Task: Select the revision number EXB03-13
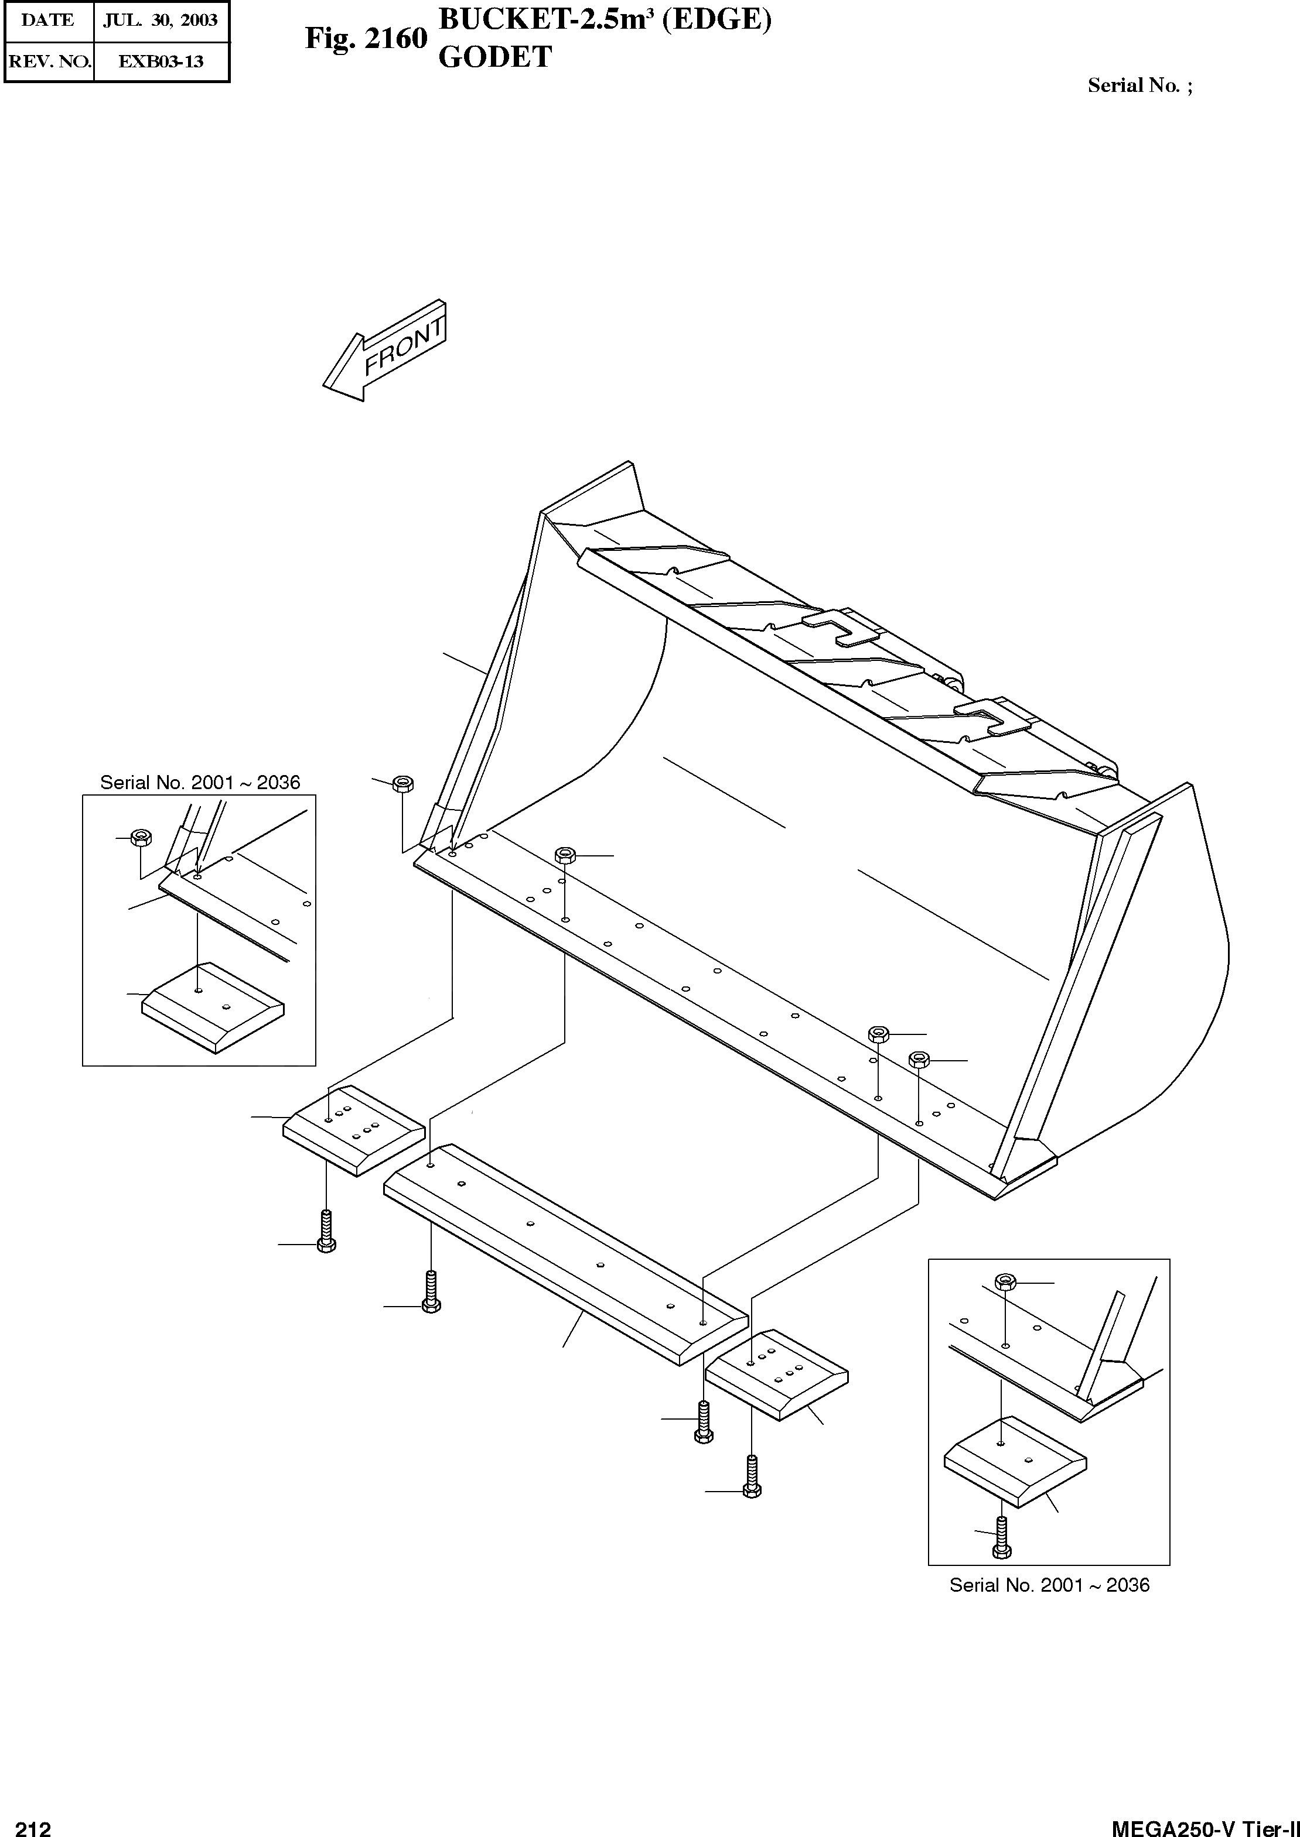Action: click(x=161, y=61)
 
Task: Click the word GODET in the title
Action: click(x=496, y=57)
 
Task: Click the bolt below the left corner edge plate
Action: click(x=326, y=1231)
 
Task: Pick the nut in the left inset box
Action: click(x=142, y=838)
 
